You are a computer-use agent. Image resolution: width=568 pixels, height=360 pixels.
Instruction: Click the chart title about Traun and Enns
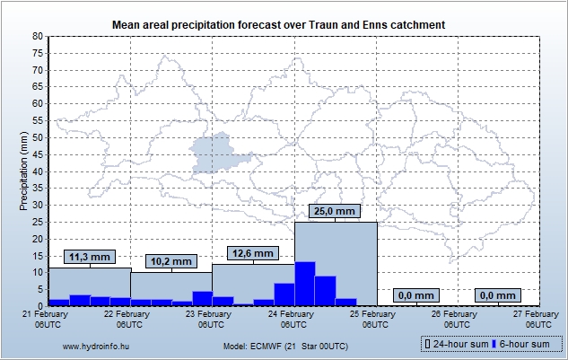(x=284, y=23)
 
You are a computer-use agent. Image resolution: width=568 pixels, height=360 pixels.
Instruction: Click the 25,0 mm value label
(x=336, y=212)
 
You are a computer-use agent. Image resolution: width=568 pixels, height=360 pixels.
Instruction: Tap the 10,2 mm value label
(x=170, y=262)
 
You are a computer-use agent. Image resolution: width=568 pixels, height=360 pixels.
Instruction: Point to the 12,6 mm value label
(x=252, y=253)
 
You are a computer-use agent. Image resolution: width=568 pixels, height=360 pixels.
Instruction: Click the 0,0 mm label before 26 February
(x=416, y=295)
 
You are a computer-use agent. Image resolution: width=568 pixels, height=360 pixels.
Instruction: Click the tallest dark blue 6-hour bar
(x=305, y=284)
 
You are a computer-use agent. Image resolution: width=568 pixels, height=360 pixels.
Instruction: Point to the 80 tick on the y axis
(x=37, y=36)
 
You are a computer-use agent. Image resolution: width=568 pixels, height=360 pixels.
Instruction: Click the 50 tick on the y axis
(x=37, y=137)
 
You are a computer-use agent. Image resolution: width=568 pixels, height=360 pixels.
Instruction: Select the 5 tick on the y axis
(x=39, y=289)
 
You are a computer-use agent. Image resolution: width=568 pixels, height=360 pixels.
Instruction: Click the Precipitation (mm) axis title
(x=24, y=171)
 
